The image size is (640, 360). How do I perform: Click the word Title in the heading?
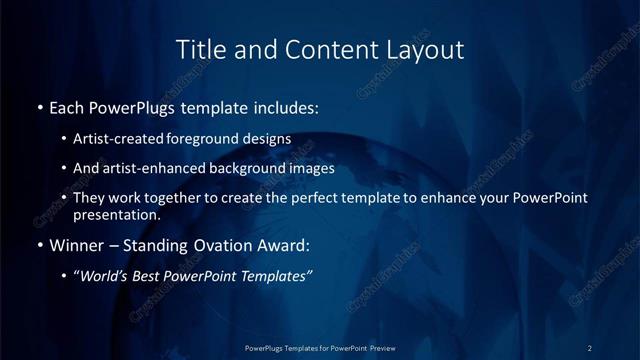(x=198, y=49)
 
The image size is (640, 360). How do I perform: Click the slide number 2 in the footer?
(x=589, y=348)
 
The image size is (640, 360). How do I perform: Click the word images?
(x=309, y=168)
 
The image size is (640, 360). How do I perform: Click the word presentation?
(x=116, y=214)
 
